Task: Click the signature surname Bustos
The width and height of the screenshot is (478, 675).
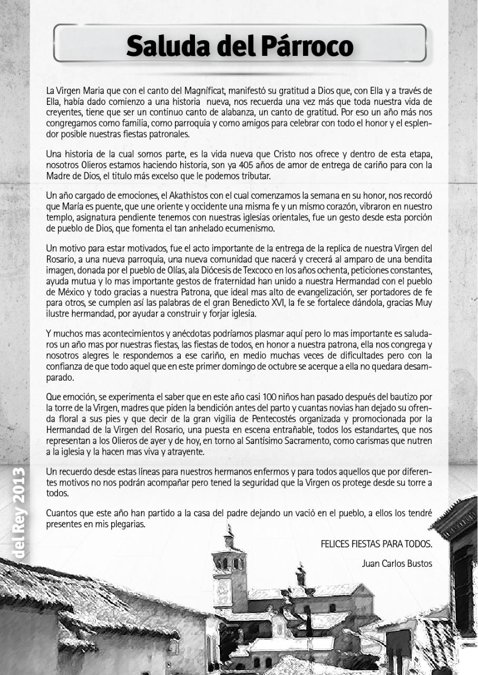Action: (420, 563)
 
